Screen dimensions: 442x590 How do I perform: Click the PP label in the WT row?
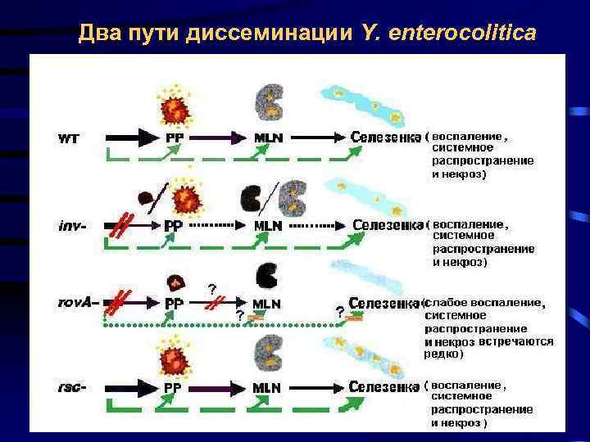(x=174, y=138)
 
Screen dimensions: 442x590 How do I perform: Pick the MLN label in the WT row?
(x=267, y=138)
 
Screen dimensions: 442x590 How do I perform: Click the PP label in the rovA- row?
(x=174, y=303)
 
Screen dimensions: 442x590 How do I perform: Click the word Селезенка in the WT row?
(x=387, y=136)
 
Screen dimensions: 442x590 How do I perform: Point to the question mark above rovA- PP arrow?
(x=212, y=288)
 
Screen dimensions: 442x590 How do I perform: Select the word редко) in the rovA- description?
(x=443, y=354)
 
